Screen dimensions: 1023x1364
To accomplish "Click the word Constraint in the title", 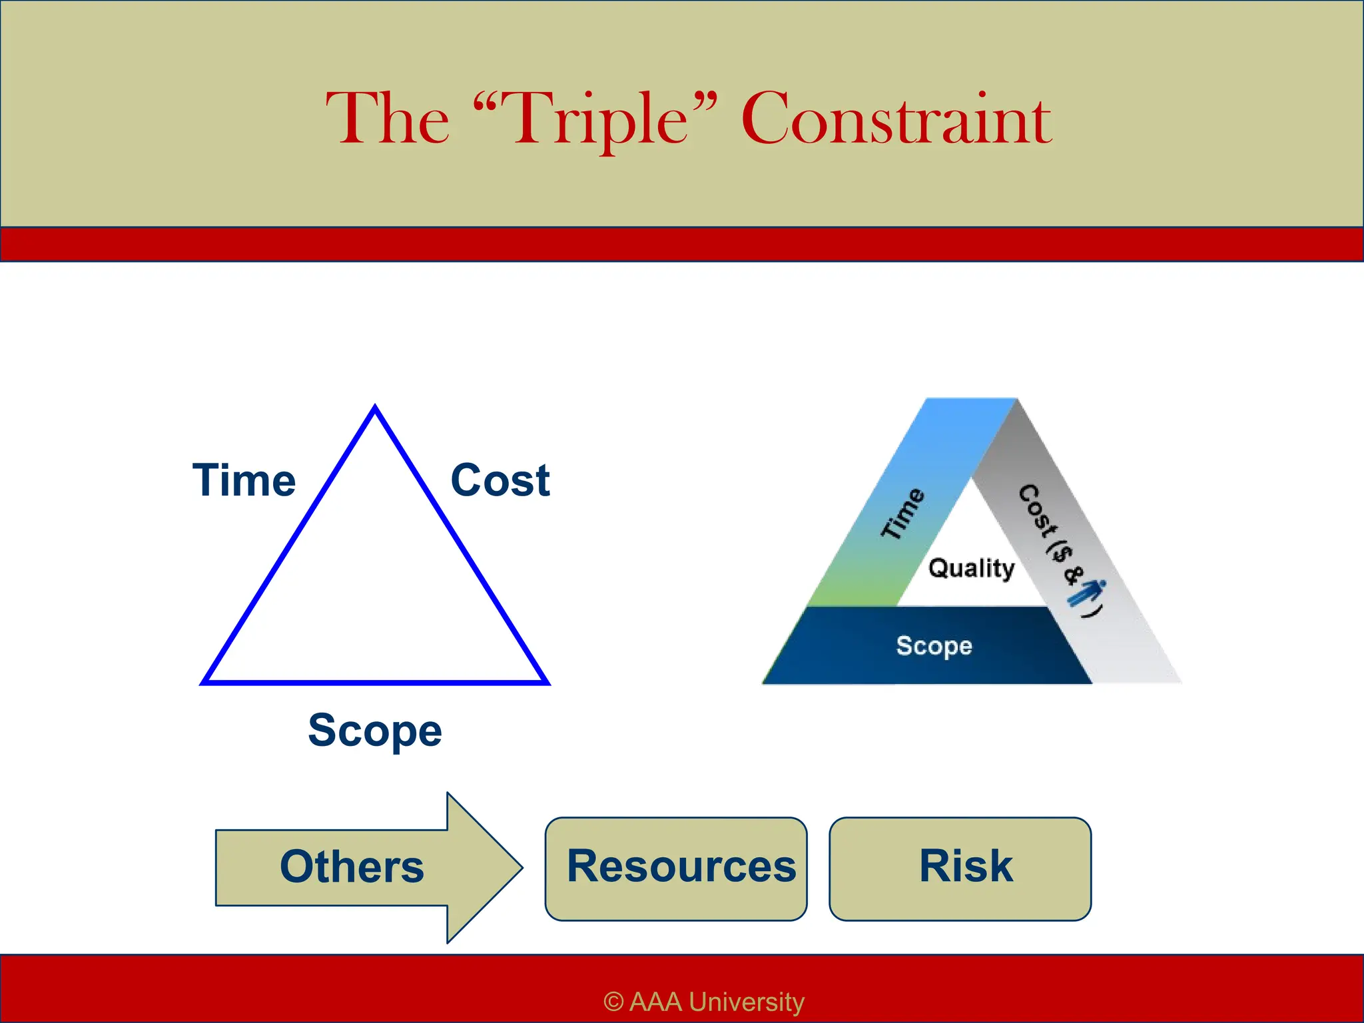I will (896, 120).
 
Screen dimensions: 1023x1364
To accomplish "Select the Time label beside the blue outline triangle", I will (244, 480).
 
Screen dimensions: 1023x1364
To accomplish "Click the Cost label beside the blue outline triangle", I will (500, 480).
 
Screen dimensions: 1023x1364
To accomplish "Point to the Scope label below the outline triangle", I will (375, 731).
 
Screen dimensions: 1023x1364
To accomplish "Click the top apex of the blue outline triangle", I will (375, 408).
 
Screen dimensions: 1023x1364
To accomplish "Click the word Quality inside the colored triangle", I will (972, 568).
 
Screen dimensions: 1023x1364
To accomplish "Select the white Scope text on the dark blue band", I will (934, 645).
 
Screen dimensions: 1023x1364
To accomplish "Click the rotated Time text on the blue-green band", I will (902, 513).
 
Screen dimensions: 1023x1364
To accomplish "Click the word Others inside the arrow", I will (352, 866).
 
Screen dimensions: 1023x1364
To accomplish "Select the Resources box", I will (676, 868).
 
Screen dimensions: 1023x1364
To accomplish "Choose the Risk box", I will (960, 868).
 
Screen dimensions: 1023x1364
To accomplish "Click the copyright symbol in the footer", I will (613, 1002).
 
